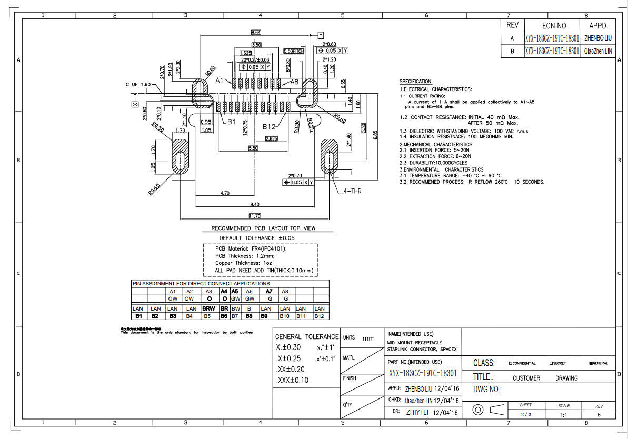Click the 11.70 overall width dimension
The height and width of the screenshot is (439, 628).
tap(255, 216)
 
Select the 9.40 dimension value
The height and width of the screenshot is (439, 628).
tap(255, 204)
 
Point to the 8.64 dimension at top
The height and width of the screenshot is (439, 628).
tap(256, 33)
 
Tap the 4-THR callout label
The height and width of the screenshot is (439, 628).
tap(353, 191)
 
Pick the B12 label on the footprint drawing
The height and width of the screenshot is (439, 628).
tap(270, 126)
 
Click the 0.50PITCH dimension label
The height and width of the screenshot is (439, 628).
tap(294, 51)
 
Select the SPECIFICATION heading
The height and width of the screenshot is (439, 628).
tap(416, 82)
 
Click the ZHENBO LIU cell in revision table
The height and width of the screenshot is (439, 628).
tap(599, 38)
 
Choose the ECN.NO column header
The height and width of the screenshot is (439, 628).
tap(554, 25)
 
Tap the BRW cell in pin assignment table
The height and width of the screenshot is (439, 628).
tap(208, 308)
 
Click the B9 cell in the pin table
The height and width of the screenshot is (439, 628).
tap(266, 316)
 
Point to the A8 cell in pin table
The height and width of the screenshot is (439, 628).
tap(285, 291)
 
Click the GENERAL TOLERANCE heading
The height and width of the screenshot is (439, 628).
tap(307, 337)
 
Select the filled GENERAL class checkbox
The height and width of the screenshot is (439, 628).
tap(591, 363)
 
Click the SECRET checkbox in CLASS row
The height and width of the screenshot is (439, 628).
tap(551, 363)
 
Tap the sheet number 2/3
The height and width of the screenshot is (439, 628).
tap(525, 415)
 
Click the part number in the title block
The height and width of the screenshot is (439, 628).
tap(423, 373)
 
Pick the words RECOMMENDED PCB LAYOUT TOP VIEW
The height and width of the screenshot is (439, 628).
tap(263, 228)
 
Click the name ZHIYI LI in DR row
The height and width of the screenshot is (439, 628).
tap(418, 413)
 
